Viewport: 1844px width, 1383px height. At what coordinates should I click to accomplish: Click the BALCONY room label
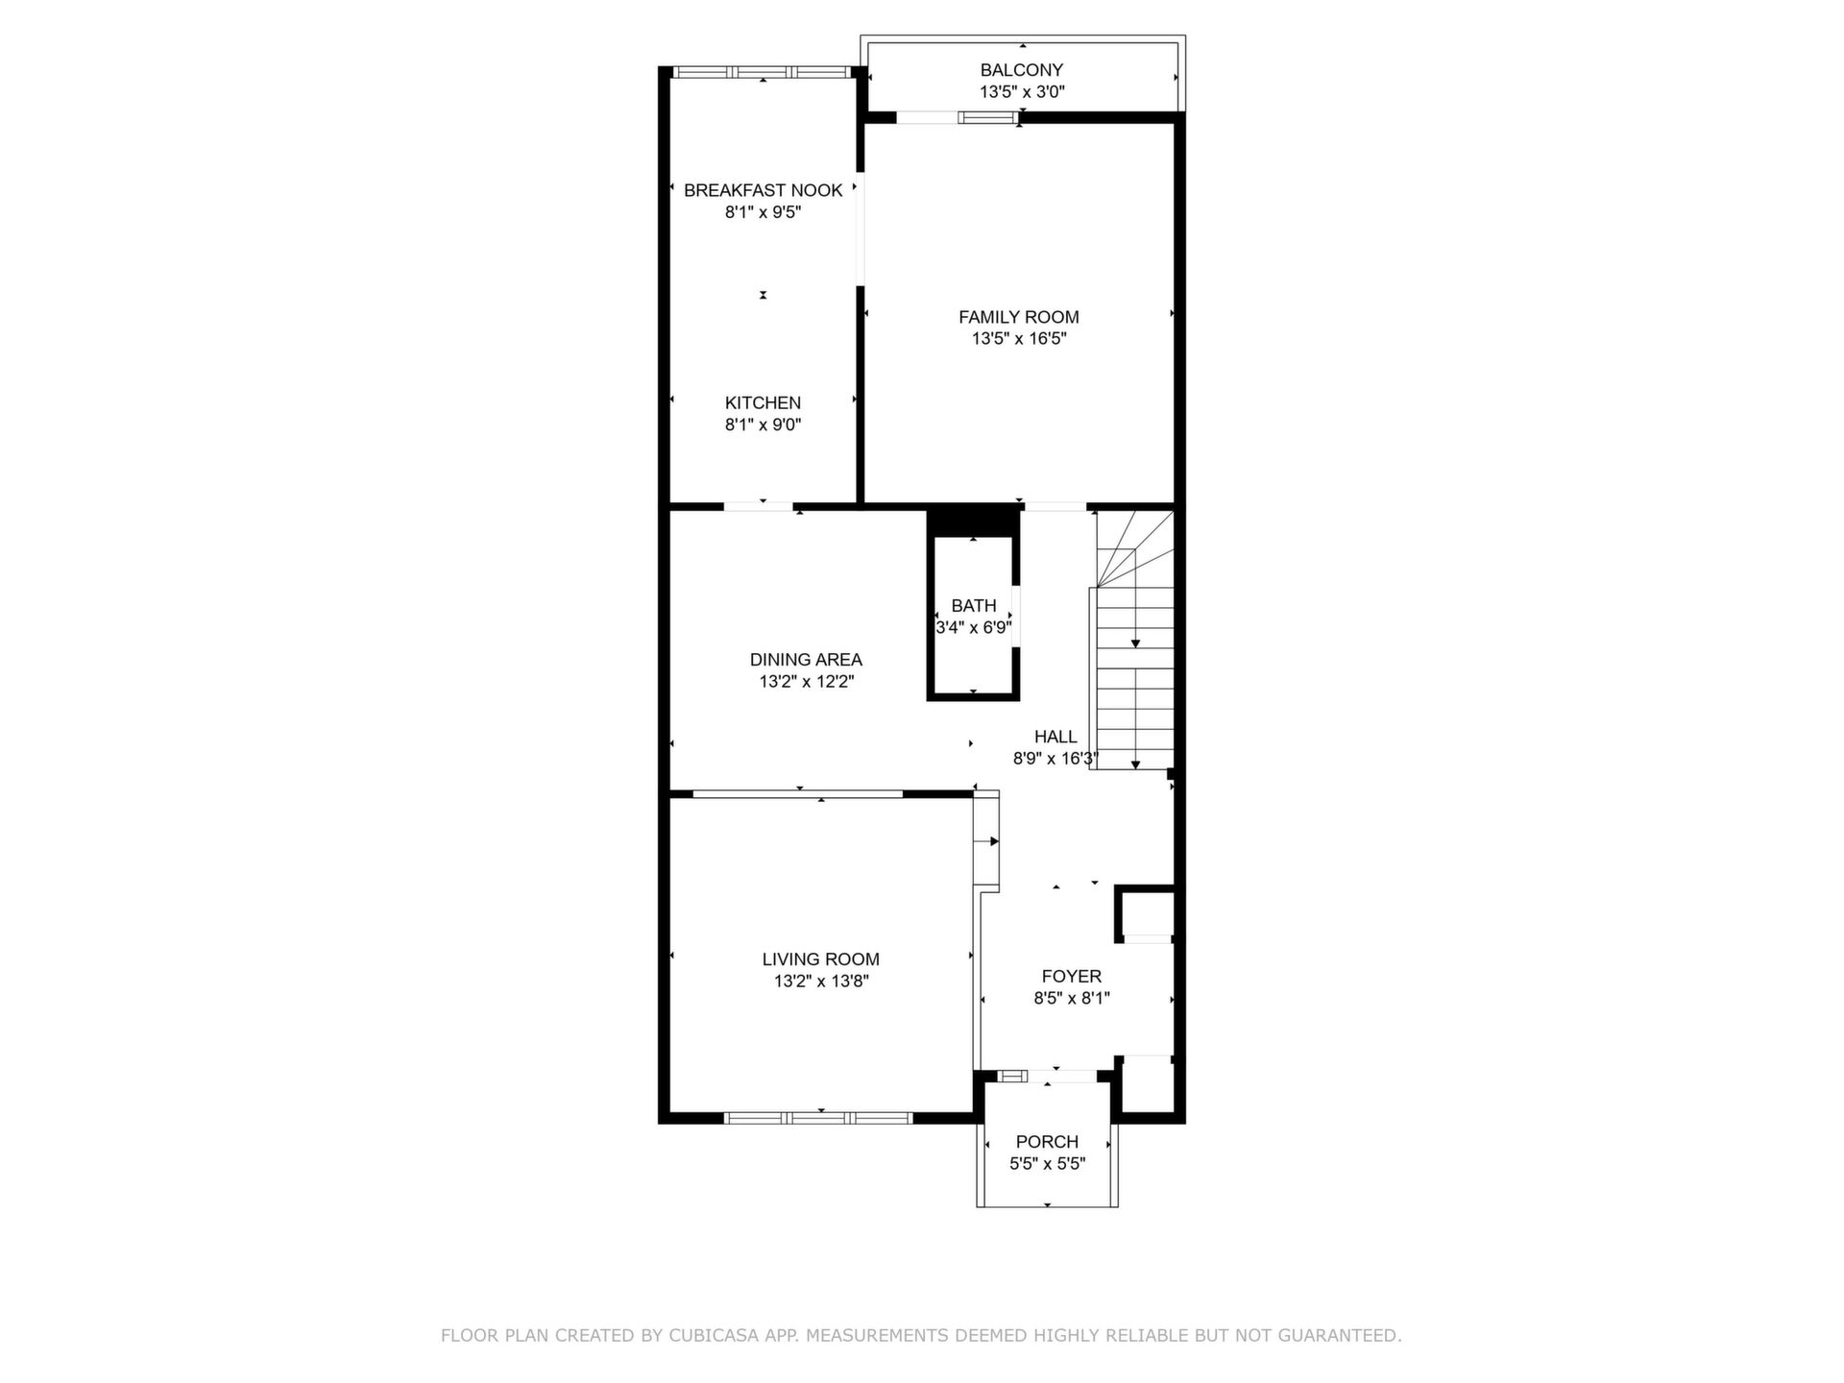1021,70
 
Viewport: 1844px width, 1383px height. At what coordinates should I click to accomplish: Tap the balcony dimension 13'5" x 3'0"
1022,92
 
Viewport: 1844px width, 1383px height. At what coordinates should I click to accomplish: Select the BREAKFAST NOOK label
763,190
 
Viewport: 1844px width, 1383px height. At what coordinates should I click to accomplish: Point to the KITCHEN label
763,403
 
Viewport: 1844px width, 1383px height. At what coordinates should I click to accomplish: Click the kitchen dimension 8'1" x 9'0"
763,425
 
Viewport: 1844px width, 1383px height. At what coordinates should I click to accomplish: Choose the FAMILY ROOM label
1019,317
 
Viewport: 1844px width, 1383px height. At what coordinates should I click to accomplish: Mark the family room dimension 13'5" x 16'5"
1019,338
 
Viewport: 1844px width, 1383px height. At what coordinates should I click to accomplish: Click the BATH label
974,606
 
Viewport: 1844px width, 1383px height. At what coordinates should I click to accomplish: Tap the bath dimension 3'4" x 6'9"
974,627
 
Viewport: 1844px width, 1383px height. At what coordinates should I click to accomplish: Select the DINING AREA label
806,660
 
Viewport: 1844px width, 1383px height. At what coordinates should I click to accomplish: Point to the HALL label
1055,737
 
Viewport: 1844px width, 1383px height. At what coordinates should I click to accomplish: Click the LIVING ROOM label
821,959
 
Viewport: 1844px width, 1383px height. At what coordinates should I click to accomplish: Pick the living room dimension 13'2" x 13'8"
821,981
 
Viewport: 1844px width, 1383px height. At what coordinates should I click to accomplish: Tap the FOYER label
1072,977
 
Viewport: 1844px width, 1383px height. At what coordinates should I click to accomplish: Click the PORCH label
1047,1142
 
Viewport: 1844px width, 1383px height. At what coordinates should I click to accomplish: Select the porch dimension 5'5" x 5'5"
1047,1163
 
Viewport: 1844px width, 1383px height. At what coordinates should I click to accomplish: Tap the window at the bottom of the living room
817,1118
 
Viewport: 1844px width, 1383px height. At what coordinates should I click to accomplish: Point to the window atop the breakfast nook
762,72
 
